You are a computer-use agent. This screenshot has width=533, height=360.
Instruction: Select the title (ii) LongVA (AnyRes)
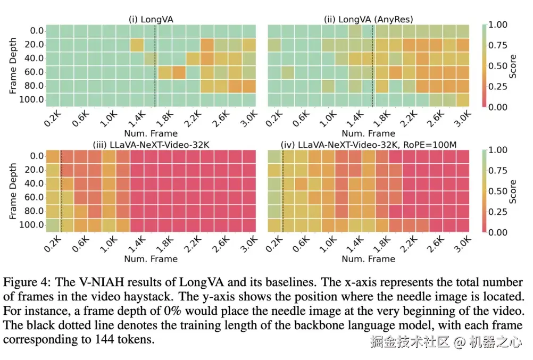[368, 20]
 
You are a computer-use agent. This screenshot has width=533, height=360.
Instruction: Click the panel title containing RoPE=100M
[368, 145]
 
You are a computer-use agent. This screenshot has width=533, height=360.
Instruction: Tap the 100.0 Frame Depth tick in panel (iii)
[31, 225]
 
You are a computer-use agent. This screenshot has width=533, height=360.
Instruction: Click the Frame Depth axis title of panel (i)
[13, 65]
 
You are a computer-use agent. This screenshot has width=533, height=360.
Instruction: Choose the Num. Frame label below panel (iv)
[368, 259]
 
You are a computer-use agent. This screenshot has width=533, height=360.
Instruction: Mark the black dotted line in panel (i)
[155, 65]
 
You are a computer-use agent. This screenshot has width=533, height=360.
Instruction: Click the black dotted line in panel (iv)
[282, 191]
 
